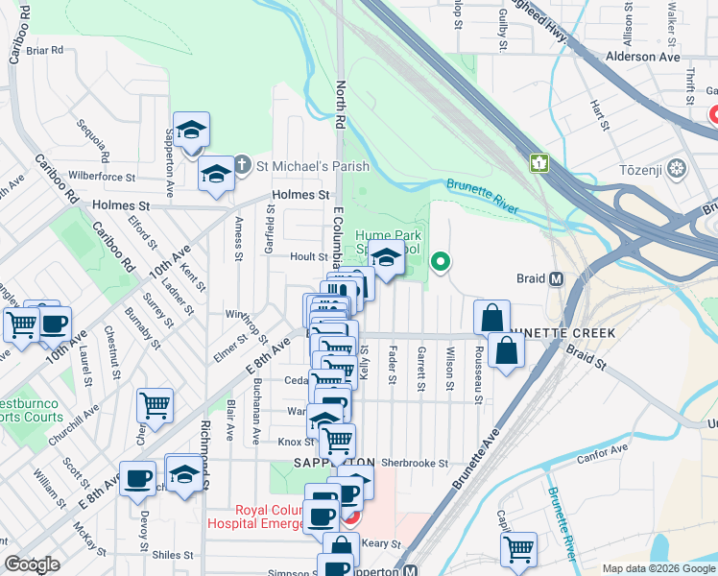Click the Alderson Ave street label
644,57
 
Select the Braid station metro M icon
555,279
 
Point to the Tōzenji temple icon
678,169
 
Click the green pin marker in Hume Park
441,260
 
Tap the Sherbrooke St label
415,463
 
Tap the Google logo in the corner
32,564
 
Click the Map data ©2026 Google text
658,568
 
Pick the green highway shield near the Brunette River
539,164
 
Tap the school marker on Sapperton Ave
192,131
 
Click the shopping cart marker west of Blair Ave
154,405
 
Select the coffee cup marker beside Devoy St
136,477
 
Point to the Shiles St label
173,555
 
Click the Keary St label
380,543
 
